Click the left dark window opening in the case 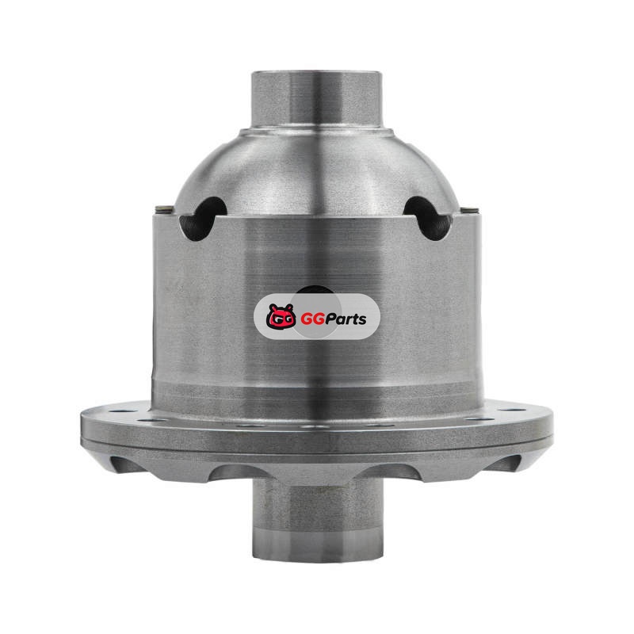202,219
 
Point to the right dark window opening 427,219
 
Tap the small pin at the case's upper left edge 165,208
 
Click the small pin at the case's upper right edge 469,210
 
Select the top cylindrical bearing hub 316,100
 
